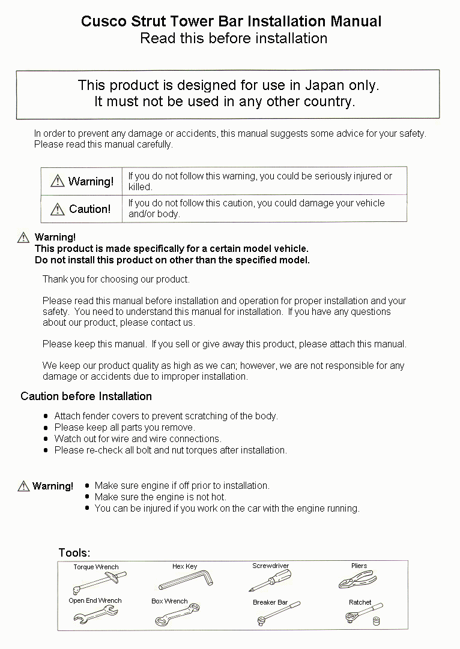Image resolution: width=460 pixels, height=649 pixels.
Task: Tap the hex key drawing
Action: click(186, 580)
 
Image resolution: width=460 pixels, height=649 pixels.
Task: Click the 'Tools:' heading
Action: click(74, 552)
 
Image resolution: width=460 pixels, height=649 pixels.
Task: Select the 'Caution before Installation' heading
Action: click(86, 396)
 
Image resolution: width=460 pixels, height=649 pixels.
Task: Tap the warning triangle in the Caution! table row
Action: click(57, 209)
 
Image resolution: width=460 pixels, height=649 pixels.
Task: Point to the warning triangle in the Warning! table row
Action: click(57, 181)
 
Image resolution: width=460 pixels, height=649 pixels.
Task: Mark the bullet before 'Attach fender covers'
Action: click(46, 416)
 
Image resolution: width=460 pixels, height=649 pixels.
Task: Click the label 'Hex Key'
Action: click(184, 566)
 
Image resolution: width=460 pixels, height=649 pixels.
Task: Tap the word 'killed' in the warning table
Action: click(139, 187)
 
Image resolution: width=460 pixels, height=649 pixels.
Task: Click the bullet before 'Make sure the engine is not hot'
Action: click(88, 497)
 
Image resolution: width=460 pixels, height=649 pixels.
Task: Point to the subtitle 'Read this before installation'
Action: click(234, 38)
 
